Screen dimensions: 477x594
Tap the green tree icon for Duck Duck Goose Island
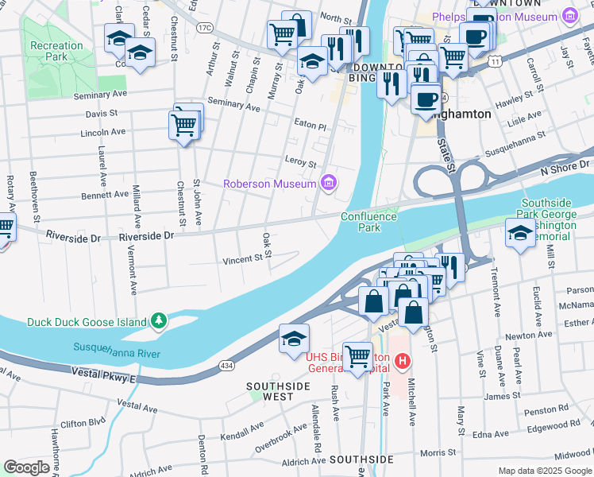tap(160, 321)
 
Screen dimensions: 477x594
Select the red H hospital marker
tap(403, 363)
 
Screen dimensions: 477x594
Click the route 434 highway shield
tap(227, 366)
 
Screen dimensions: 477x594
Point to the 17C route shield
tap(204, 28)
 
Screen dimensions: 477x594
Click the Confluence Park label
tap(368, 222)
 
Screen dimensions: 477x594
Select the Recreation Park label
tap(56, 51)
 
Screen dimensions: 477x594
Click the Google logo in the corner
tap(26, 467)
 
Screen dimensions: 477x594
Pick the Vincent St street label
tap(242, 259)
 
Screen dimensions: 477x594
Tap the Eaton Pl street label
tap(310, 126)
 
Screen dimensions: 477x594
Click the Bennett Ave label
tap(104, 194)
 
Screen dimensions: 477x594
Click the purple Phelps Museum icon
tap(569, 16)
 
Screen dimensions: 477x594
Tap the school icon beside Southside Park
tap(520, 232)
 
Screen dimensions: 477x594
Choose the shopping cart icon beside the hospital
tap(357, 355)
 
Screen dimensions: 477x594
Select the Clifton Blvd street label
tap(83, 422)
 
